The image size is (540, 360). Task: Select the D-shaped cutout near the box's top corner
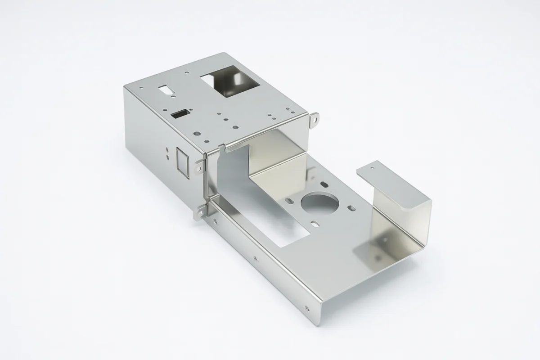[165, 90]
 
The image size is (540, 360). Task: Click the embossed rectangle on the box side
[182, 162]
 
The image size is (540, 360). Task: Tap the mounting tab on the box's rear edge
[315, 119]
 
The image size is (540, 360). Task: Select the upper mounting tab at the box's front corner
[199, 167]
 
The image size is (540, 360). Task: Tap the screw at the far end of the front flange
[307, 308]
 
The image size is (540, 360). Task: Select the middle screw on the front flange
[255, 258]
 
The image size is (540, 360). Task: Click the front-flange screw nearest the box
[215, 221]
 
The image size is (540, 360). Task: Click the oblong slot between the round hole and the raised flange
[351, 208]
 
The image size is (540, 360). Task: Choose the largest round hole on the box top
[197, 134]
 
